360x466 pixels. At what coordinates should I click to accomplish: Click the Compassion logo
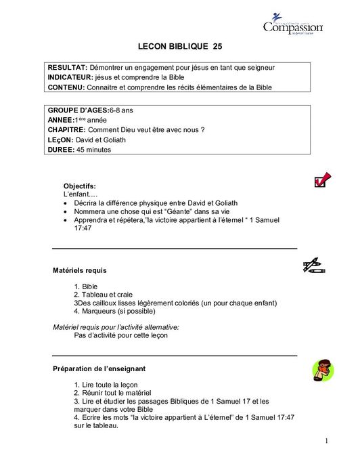pos(292,26)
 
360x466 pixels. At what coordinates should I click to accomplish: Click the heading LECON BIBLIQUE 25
pos(179,47)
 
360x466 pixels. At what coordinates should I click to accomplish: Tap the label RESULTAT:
pos(67,68)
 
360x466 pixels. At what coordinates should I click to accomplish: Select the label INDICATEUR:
pos(70,77)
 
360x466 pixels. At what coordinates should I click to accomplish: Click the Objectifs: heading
pos(79,186)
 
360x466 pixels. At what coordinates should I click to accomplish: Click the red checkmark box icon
pos(322,179)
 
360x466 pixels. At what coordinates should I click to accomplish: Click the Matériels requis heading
pos(79,270)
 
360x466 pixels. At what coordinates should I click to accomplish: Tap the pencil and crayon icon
pos(313,266)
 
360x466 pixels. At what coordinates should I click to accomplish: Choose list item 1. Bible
pos(86,287)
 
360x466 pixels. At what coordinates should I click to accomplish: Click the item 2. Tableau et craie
pos(103,295)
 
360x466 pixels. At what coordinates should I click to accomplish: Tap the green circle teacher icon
pos(323,370)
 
